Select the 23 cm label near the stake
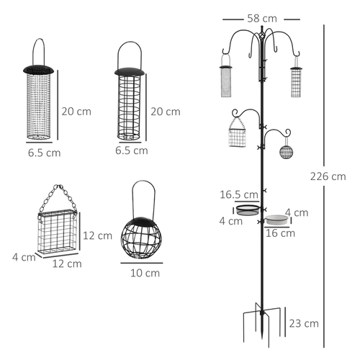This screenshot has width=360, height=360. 305,323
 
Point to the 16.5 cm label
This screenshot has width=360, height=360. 239,194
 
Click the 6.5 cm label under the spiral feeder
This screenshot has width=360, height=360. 131,150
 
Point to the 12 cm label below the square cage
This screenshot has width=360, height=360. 66,264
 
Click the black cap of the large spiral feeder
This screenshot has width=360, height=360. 130,71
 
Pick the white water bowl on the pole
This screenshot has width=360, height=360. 275,218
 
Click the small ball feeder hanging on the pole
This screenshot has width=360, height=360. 286,153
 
